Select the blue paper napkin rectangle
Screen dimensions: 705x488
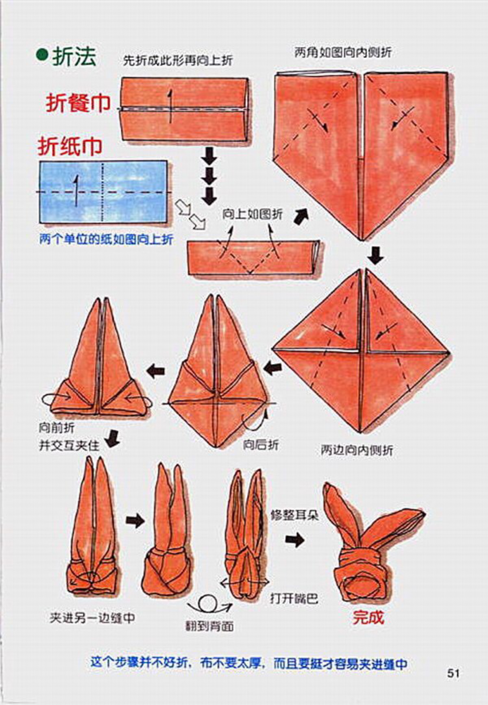pyautogui.click(x=103, y=191)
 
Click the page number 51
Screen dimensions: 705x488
pyautogui.click(x=453, y=673)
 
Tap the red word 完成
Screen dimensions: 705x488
pyautogui.click(x=368, y=618)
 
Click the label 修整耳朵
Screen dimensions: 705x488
pyautogui.click(x=295, y=516)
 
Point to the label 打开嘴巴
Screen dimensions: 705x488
pyautogui.click(x=294, y=598)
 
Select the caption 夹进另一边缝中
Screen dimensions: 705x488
pyautogui.click(x=93, y=618)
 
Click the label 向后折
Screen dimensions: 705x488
pyautogui.click(x=261, y=444)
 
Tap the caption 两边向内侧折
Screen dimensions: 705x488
pyautogui.click(x=357, y=450)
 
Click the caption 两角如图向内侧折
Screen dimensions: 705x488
pyautogui.click(x=343, y=52)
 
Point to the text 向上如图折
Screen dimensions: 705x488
pyautogui.click(x=252, y=214)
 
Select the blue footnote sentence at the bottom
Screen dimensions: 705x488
pyautogui.click(x=248, y=664)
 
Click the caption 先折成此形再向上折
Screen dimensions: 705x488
pyautogui.click(x=178, y=61)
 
